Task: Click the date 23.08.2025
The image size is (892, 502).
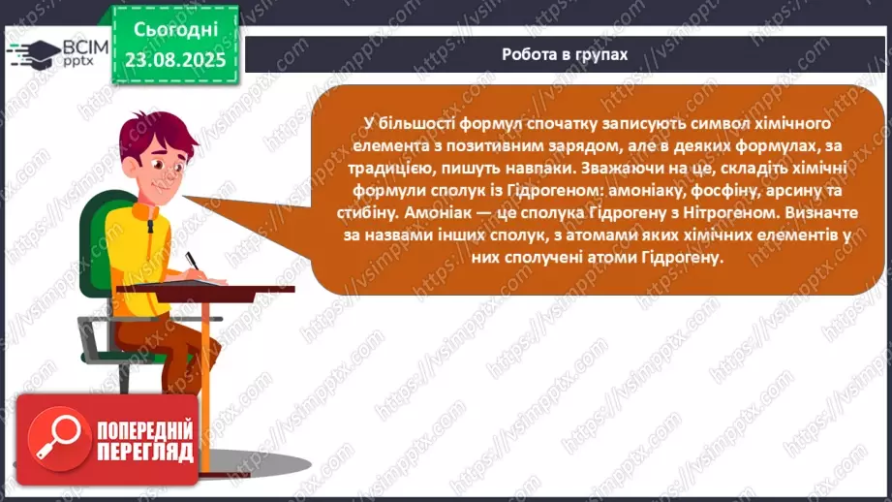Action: (175, 59)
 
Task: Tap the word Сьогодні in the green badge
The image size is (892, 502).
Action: (175, 30)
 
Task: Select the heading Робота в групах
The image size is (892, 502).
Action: (565, 54)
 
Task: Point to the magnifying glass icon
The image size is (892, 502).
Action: (58, 437)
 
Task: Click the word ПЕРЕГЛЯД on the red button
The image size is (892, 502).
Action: (145, 453)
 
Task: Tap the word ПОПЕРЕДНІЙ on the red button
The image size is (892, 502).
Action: (145, 430)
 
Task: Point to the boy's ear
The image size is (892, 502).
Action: (132, 166)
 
